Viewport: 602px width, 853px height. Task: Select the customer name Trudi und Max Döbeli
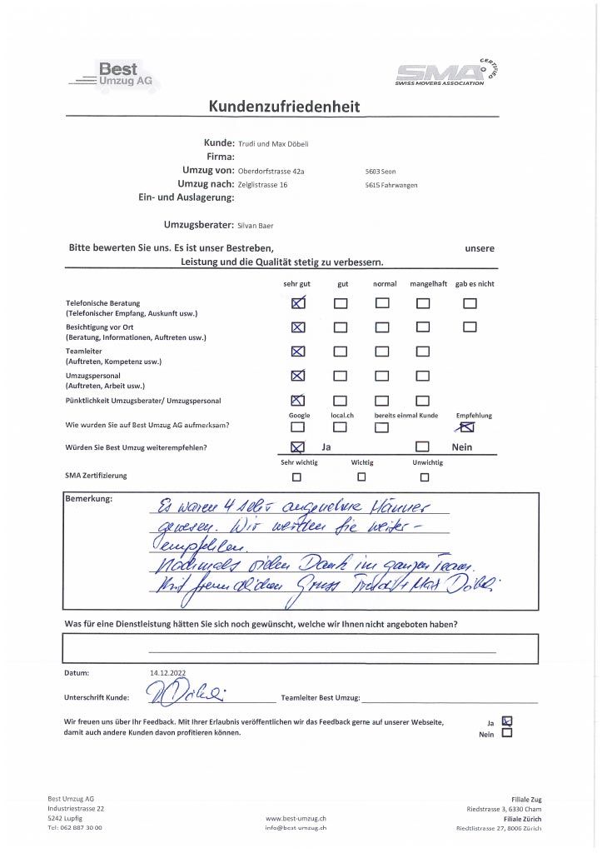pyautogui.click(x=273, y=143)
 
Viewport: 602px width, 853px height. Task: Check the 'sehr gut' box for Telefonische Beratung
pyautogui.click(x=299, y=303)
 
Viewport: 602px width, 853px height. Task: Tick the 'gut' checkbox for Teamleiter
pyautogui.click(x=340, y=352)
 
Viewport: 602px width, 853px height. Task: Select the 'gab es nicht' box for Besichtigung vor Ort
pyautogui.click(x=470, y=327)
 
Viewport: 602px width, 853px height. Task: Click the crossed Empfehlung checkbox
pyautogui.click(x=467, y=428)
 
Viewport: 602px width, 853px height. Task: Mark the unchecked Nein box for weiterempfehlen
pyautogui.click(x=423, y=447)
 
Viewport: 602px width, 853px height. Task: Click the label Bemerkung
pyautogui.click(x=88, y=499)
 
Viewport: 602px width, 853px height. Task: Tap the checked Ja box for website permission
pyautogui.click(x=508, y=722)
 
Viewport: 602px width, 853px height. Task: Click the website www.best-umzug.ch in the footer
pyautogui.click(x=296, y=818)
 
